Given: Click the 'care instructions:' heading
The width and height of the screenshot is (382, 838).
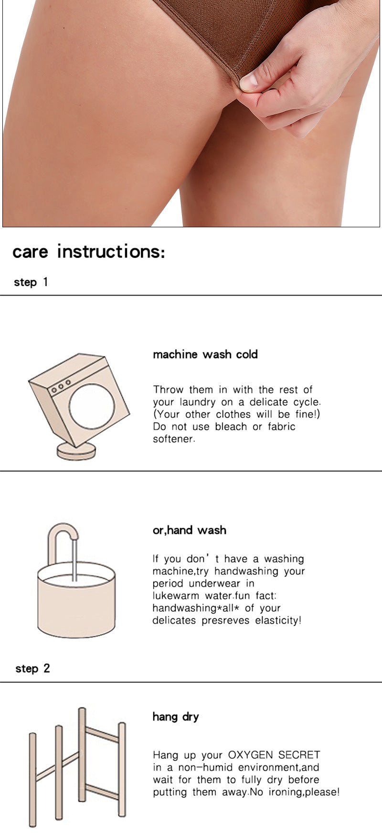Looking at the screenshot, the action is tap(89, 252).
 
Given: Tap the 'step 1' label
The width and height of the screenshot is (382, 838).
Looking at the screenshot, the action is tap(31, 282).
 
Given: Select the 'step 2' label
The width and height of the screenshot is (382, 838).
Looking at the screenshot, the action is tap(32, 668).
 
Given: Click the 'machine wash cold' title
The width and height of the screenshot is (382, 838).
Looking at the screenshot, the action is tap(205, 354).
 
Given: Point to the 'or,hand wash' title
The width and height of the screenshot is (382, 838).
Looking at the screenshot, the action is tap(190, 530).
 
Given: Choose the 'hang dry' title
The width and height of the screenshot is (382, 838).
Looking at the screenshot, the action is tap(176, 717).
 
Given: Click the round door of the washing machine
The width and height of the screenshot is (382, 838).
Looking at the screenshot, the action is tap(92, 406).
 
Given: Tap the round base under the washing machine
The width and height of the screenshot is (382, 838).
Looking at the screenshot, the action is tap(76, 451).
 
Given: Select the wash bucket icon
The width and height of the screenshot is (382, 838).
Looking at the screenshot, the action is tap(76, 599).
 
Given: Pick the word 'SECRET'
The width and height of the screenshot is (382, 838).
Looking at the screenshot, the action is tap(299, 755).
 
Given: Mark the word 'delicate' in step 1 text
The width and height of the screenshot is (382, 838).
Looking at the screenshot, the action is tap(269, 402).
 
